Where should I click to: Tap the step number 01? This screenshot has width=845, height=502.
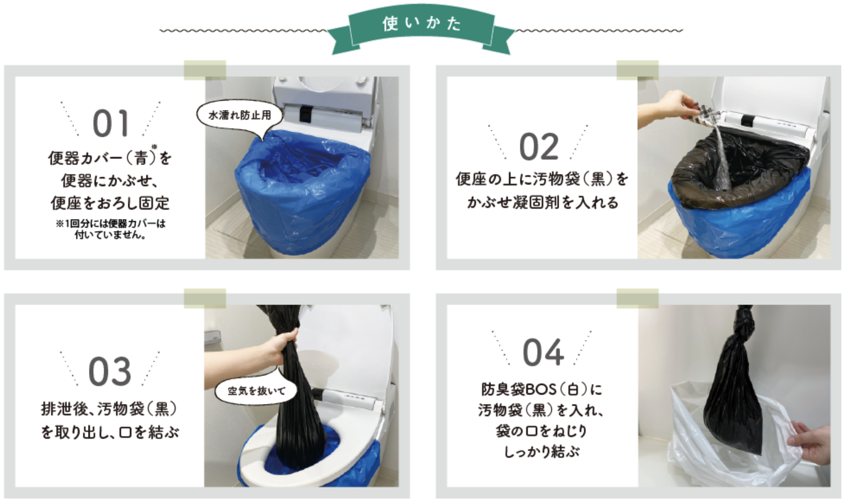click(x=111, y=124)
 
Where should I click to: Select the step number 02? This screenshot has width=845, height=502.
click(x=539, y=147)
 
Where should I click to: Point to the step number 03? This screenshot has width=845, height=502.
click(x=110, y=371)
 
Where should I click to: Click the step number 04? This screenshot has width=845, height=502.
click(x=543, y=353)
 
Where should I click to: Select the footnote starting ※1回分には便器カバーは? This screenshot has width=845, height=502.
click(x=110, y=229)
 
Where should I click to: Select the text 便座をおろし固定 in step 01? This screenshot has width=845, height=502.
click(x=110, y=203)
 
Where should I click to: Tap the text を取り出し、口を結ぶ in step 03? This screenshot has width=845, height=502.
click(x=109, y=432)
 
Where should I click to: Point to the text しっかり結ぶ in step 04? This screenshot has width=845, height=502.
click(x=542, y=451)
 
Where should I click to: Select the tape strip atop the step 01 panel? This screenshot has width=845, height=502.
click(x=205, y=70)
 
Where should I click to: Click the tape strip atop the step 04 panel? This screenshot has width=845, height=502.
click(x=638, y=299)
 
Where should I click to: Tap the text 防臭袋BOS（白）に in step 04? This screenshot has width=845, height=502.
click(x=542, y=389)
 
